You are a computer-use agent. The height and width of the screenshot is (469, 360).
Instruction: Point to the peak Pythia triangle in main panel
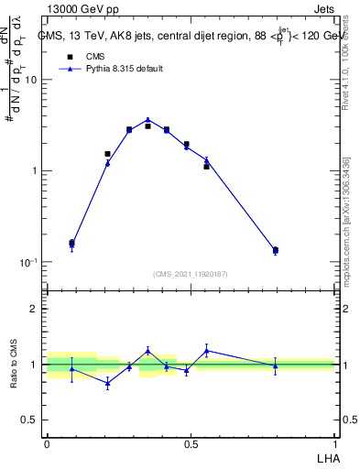(147, 120)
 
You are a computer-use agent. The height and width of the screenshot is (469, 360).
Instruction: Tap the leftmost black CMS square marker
(72, 243)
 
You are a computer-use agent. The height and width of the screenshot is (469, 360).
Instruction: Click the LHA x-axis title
(325, 457)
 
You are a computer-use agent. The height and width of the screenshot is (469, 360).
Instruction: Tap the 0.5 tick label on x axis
(191, 443)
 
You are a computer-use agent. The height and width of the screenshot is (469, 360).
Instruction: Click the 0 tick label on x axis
(47, 443)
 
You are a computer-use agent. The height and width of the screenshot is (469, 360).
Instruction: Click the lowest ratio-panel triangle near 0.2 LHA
(108, 384)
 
